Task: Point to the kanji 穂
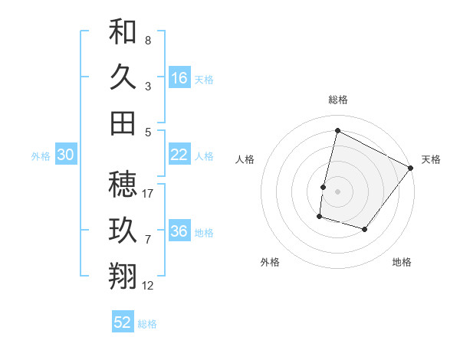tap(123, 184)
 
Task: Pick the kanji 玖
tap(123, 230)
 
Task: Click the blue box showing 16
tap(179, 78)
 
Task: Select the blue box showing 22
tap(179, 155)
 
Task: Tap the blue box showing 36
tap(179, 231)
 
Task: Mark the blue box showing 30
tap(65, 155)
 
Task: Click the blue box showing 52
tap(123, 322)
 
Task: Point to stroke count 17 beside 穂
tap(149, 193)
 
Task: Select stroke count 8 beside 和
tap(148, 40)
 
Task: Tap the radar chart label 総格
tap(338, 100)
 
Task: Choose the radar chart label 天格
tap(431, 159)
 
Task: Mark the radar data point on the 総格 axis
tap(337, 131)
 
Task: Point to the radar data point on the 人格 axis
tap(324, 187)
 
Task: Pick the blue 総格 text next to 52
tap(147, 324)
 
